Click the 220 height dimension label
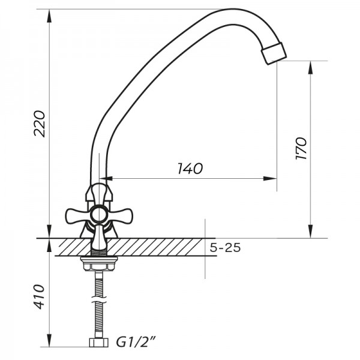40,124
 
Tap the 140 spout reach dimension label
190,169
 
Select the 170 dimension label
301,148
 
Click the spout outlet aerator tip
274,53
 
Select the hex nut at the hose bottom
98,343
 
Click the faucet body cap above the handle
99,193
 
